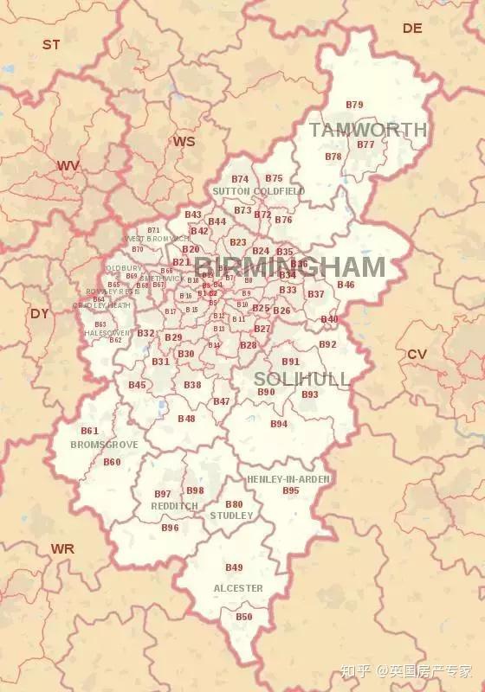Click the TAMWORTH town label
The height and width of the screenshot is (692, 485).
tap(368, 130)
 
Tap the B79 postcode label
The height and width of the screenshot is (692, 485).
tap(354, 105)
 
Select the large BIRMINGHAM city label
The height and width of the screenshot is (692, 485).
tap(289, 266)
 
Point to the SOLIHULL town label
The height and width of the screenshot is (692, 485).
tap(301, 379)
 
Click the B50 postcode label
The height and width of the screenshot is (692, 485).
tap(244, 617)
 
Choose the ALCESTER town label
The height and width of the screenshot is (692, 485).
tap(237, 588)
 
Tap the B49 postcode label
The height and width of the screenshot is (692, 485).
tap(234, 567)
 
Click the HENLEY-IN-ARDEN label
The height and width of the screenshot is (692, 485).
tap(288, 478)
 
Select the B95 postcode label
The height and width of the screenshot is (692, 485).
tap(291, 490)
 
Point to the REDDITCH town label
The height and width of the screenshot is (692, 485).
tap(174, 506)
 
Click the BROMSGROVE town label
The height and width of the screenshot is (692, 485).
tap(104, 445)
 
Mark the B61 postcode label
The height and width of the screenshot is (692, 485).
tap(89, 431)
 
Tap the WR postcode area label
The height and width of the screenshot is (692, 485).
tap(62, 548)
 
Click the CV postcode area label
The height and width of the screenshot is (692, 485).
tap(417, 354)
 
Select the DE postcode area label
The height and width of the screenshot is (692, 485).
tap(412, 29)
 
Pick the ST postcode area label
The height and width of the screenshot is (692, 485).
tap(51, 44)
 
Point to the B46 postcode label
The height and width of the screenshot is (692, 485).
tap(346, 285)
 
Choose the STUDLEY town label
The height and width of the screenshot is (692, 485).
tap(231, 516)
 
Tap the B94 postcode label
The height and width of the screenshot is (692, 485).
tap(279, 424)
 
